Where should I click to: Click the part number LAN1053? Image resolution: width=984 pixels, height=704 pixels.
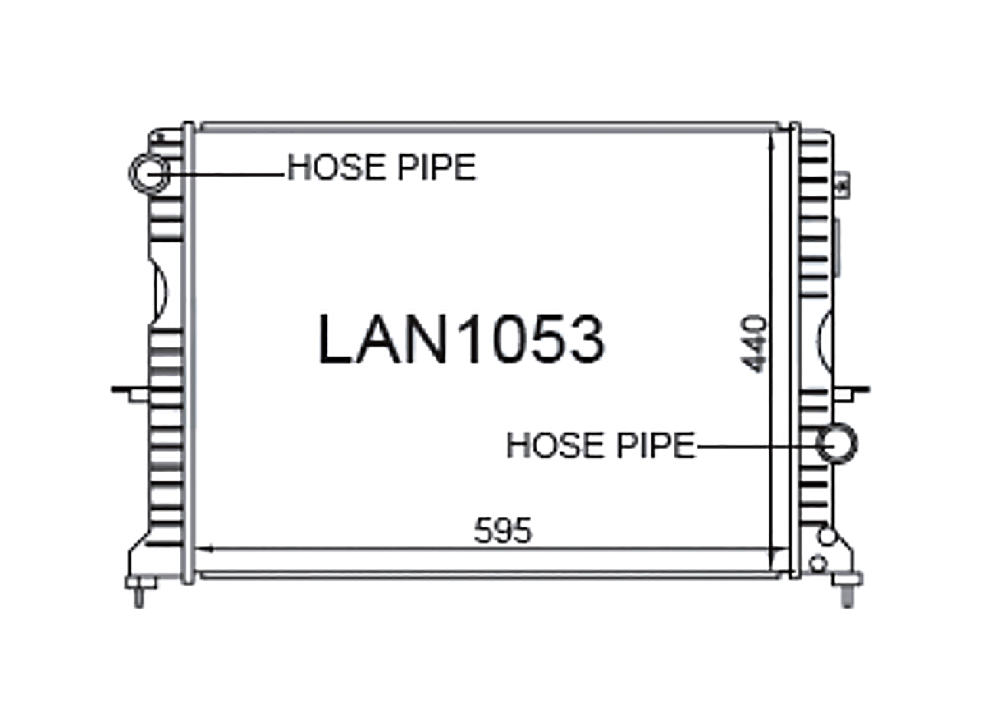coord(461,339)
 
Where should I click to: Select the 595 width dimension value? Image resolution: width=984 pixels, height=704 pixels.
coord(503,531)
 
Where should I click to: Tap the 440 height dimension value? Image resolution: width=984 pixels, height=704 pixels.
coord(754,344)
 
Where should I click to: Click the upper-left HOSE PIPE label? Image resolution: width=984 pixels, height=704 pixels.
coord(381,167)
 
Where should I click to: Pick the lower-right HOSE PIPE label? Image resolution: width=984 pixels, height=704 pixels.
coord(601,445)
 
